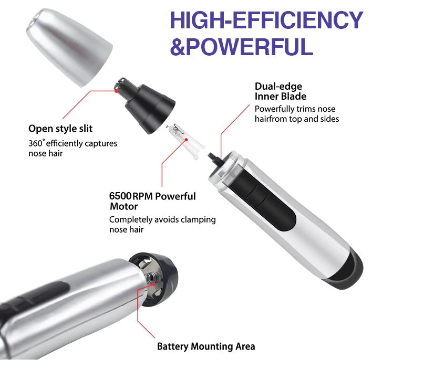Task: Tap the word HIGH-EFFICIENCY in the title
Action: (x=266, y=20)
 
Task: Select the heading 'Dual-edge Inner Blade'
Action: (x=281, y=91)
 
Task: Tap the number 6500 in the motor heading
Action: (x=120, y=196)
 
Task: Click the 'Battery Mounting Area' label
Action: (x=206, y=346)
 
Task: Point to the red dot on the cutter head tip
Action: (x=116, y=90)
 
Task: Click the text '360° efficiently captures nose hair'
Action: (x=73, y=148)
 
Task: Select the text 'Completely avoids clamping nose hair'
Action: (x=162, y=225)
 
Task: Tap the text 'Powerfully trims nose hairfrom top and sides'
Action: (x=297, y=114)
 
